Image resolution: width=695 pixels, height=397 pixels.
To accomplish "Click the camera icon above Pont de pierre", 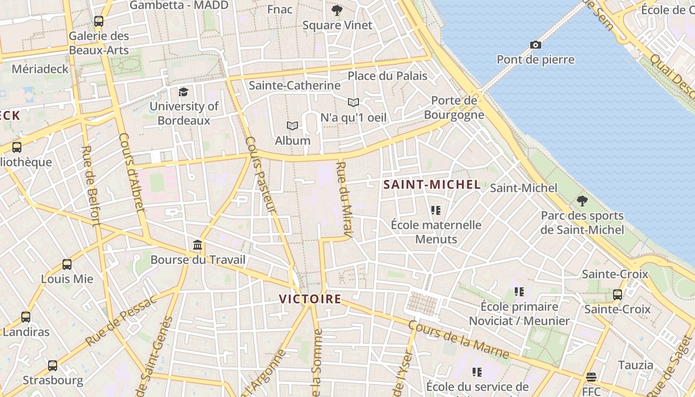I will (535, 45).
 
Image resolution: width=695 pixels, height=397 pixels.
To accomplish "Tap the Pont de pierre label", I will (536, 60).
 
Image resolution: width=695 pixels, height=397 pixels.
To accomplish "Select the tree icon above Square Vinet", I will (337, 10).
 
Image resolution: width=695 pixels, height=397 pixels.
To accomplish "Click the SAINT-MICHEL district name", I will (432, 185).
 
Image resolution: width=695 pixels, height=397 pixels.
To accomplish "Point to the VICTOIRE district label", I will (310, 299).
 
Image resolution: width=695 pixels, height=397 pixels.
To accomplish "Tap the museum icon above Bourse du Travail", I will (198, 245).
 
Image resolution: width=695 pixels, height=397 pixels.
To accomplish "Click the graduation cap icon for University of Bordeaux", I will (184, 92).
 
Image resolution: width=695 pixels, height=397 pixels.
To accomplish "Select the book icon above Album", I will (292, 126).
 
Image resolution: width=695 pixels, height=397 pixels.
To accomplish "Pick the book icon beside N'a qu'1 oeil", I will (353, 103).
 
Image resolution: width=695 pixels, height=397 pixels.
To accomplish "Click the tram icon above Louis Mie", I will (67, 265).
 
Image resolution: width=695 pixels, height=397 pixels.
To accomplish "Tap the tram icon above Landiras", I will (26, 317).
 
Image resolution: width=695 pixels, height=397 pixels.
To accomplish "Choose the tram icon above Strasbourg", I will (53, 366).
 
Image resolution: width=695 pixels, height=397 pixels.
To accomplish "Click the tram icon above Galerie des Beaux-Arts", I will (99, 21).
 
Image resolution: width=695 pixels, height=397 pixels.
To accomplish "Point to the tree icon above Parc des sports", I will (582, 201).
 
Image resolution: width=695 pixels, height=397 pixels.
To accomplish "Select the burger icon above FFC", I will (591, 377).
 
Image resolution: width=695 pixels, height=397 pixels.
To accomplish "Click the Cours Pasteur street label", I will (260, 175).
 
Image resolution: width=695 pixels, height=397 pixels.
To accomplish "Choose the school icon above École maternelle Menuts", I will (435, 210).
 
